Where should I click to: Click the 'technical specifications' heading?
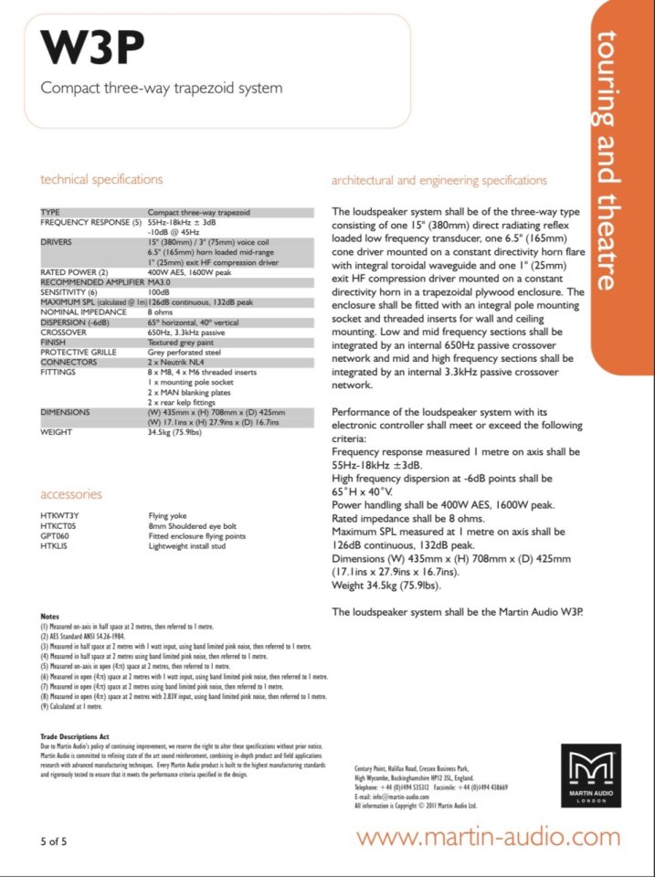(101, 179)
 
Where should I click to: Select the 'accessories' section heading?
(71, 494)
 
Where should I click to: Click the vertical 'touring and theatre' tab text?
(606, 160)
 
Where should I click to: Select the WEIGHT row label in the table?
(56, 432)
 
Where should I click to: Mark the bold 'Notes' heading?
(51, 617)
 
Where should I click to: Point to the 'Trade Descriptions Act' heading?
(78, 734)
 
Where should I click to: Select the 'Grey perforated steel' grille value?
(185, 352)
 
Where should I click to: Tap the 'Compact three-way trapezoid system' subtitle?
(162, 89)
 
